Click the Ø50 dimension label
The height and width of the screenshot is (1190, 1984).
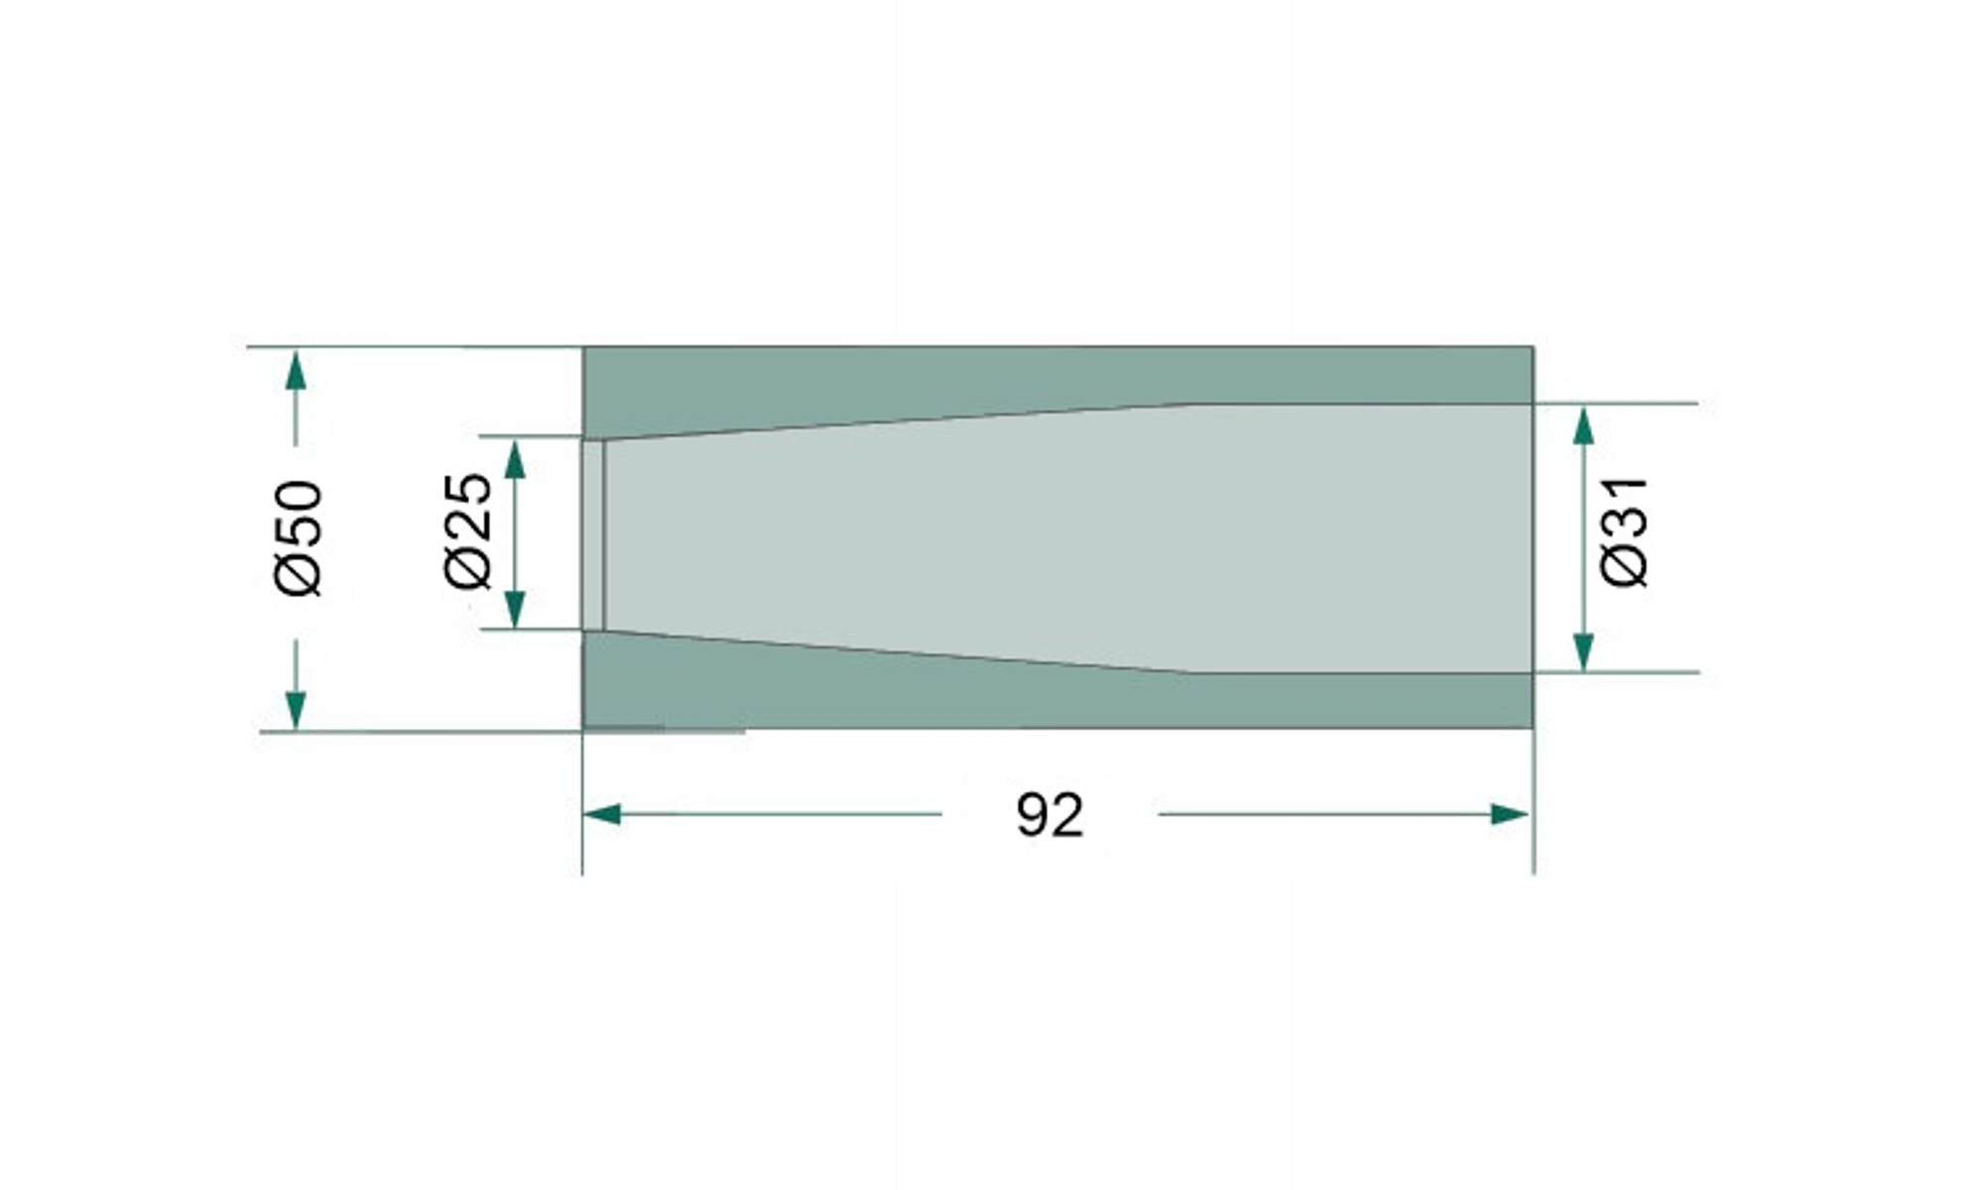coord(299,538)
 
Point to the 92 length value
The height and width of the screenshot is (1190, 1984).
coord(1050,816)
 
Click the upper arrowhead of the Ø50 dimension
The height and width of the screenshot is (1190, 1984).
coord(295,369)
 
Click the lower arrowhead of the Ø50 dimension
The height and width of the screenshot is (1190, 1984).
coord(295,710)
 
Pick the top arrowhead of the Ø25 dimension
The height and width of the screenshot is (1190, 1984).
coord(515,459)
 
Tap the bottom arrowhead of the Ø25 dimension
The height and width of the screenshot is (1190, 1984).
coord(515,608)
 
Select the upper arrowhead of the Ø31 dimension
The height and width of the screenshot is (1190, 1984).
coord(1584,425)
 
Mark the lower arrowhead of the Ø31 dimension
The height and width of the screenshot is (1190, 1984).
coord(1584,652)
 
